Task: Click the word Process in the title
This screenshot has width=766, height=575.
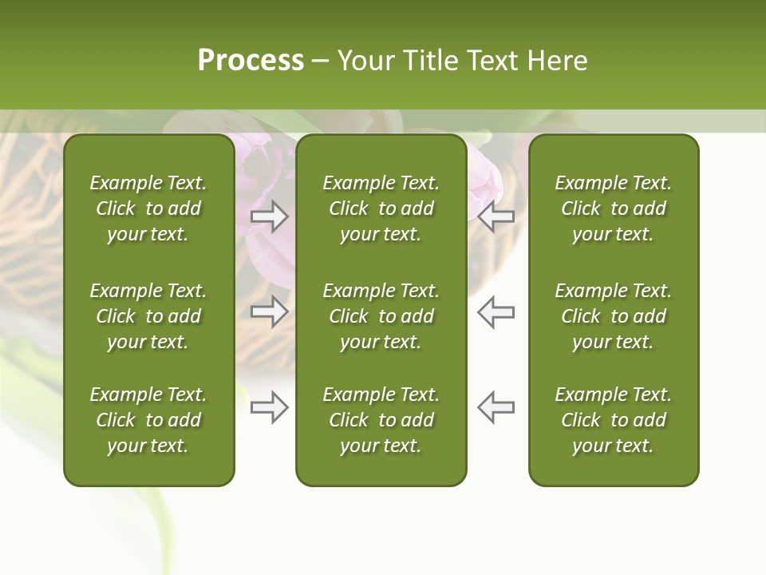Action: pyautogui.click(x=251, y=61)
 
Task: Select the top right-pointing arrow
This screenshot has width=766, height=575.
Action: pyautogui.click(x=269, y=216)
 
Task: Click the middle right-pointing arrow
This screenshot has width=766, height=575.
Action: pyautogui.click(x=269, y=311)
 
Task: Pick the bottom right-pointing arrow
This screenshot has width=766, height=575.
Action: pyautogui.click(x=269, y=407)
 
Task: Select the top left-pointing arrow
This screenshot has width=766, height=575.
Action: pyautogui.click(x=496, y=216)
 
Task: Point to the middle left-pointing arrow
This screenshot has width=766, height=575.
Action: pyautogui.click(x=496, y=311)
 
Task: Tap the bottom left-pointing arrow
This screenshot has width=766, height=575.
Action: pyautogui.click(x=496, y=407)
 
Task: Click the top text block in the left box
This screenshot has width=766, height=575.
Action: pyautogui.click(x=148, y=208)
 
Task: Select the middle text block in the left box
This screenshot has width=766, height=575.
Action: pyautogui.click(x=148, y=316)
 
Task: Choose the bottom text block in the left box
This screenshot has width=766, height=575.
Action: pyautogui.click(x=148, y=420)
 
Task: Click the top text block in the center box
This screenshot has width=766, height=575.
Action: pyautogui.click(x=381, y=208)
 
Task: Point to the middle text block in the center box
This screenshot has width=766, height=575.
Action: pyautogui.click(x=381, y=316)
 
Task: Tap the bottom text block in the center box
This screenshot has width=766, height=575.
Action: pyautogui.click(x=381, y=420)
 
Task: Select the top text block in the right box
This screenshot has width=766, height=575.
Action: pyautogui.click(x=613, y=208)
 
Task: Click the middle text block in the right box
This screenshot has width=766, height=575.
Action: pyautogui.click(x=613, y=316)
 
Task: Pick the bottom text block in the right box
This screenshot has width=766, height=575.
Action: pyautogui.click(x=613, y=420)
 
